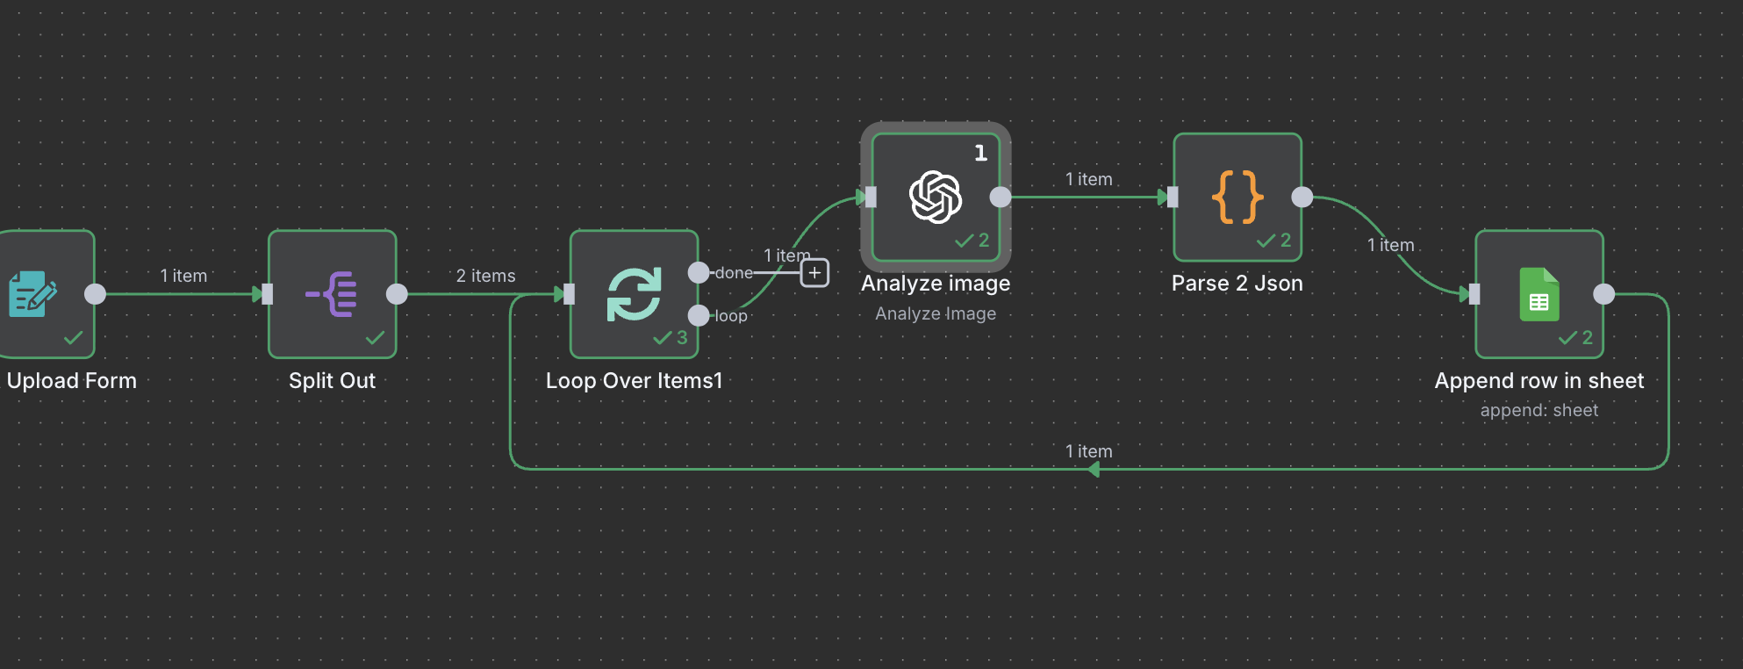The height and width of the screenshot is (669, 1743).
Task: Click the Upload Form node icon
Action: coord(32,294)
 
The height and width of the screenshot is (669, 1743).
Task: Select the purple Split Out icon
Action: coord(332,294)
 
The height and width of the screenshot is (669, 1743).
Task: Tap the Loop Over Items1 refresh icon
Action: coord(634,294)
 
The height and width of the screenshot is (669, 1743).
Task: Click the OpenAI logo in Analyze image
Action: coord(936,197)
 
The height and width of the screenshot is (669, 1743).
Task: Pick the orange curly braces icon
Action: coord(1237,197)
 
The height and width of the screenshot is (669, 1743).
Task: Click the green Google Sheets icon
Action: coord(1539,294)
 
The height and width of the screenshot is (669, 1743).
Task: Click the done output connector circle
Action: coord(699,273)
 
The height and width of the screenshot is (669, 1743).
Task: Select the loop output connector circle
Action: coord(699,315)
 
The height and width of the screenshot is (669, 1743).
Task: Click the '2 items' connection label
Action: coord(485,276)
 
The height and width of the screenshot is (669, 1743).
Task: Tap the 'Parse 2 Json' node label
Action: coord(1237,284)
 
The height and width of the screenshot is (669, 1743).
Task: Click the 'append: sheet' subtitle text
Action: coord(1539,410)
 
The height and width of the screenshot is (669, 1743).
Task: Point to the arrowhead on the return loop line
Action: coord(1093,470)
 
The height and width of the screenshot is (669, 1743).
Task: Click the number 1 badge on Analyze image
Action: coord(980,154)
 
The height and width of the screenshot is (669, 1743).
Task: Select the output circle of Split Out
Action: coord(397,294)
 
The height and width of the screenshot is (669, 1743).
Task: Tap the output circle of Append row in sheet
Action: coord(1603,294)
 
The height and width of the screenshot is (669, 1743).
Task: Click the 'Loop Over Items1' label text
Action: coord(634,381)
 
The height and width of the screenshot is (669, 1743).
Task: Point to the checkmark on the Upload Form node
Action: coord(74,338)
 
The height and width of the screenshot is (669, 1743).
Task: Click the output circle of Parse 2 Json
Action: coord(1302,197)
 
